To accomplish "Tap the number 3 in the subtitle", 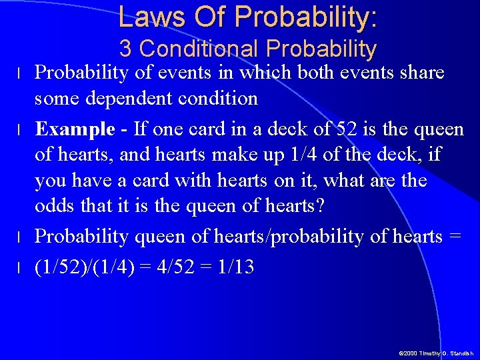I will (x=126, y=49).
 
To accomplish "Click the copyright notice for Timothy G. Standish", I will (x=436, y=353).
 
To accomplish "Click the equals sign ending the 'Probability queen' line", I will (x=456, y=237).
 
